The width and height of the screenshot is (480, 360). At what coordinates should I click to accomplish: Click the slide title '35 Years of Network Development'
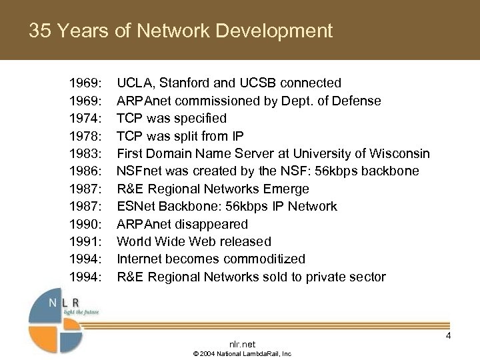[x=180, y=31]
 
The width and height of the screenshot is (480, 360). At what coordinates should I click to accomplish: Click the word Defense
[x=358, y=101]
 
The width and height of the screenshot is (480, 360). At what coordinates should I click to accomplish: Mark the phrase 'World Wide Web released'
[x=194, y=241]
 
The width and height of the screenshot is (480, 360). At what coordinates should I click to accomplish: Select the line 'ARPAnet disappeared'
[x=182, y=224]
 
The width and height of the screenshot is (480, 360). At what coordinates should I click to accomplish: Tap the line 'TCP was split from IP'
[x=180, y=137]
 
